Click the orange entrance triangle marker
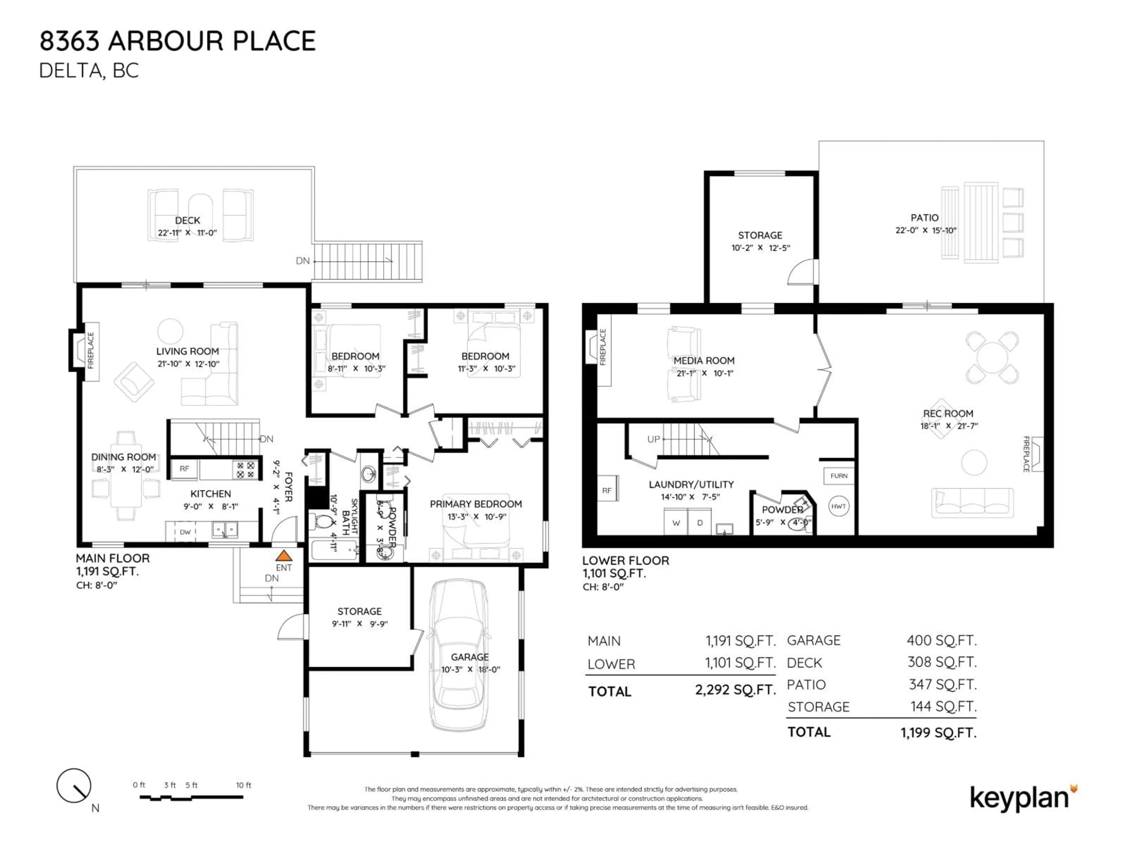(x=284, y=556)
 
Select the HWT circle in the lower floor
(x=838, y=506)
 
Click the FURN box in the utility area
(x=838, y=476)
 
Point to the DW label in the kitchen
(x=185, y=532)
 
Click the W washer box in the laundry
(x=676, y=523)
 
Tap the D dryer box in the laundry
(x=700, y=523)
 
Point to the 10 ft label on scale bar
(x=244, y=785)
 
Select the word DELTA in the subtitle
(x=71, y=71)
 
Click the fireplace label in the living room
(x=91, y=351)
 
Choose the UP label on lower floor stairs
(x=653, y=439)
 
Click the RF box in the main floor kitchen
(x=184, y=469)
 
